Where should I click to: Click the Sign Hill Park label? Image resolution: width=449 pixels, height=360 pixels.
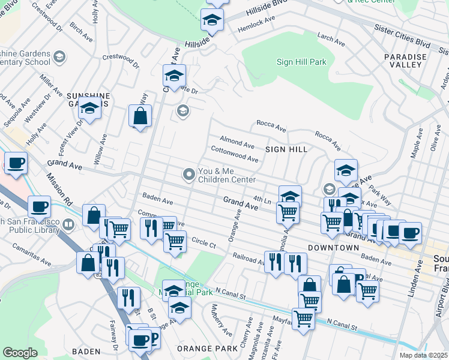[301, 61]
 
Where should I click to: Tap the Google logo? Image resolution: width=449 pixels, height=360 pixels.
[20, 353]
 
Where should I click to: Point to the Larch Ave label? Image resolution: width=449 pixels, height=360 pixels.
[331, 40]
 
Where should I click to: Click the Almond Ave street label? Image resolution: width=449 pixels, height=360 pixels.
[237, 143]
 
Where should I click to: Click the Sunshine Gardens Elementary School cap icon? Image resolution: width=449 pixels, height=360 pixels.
[59, 57]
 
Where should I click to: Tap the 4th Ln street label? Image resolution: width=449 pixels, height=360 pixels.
[262, 199]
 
